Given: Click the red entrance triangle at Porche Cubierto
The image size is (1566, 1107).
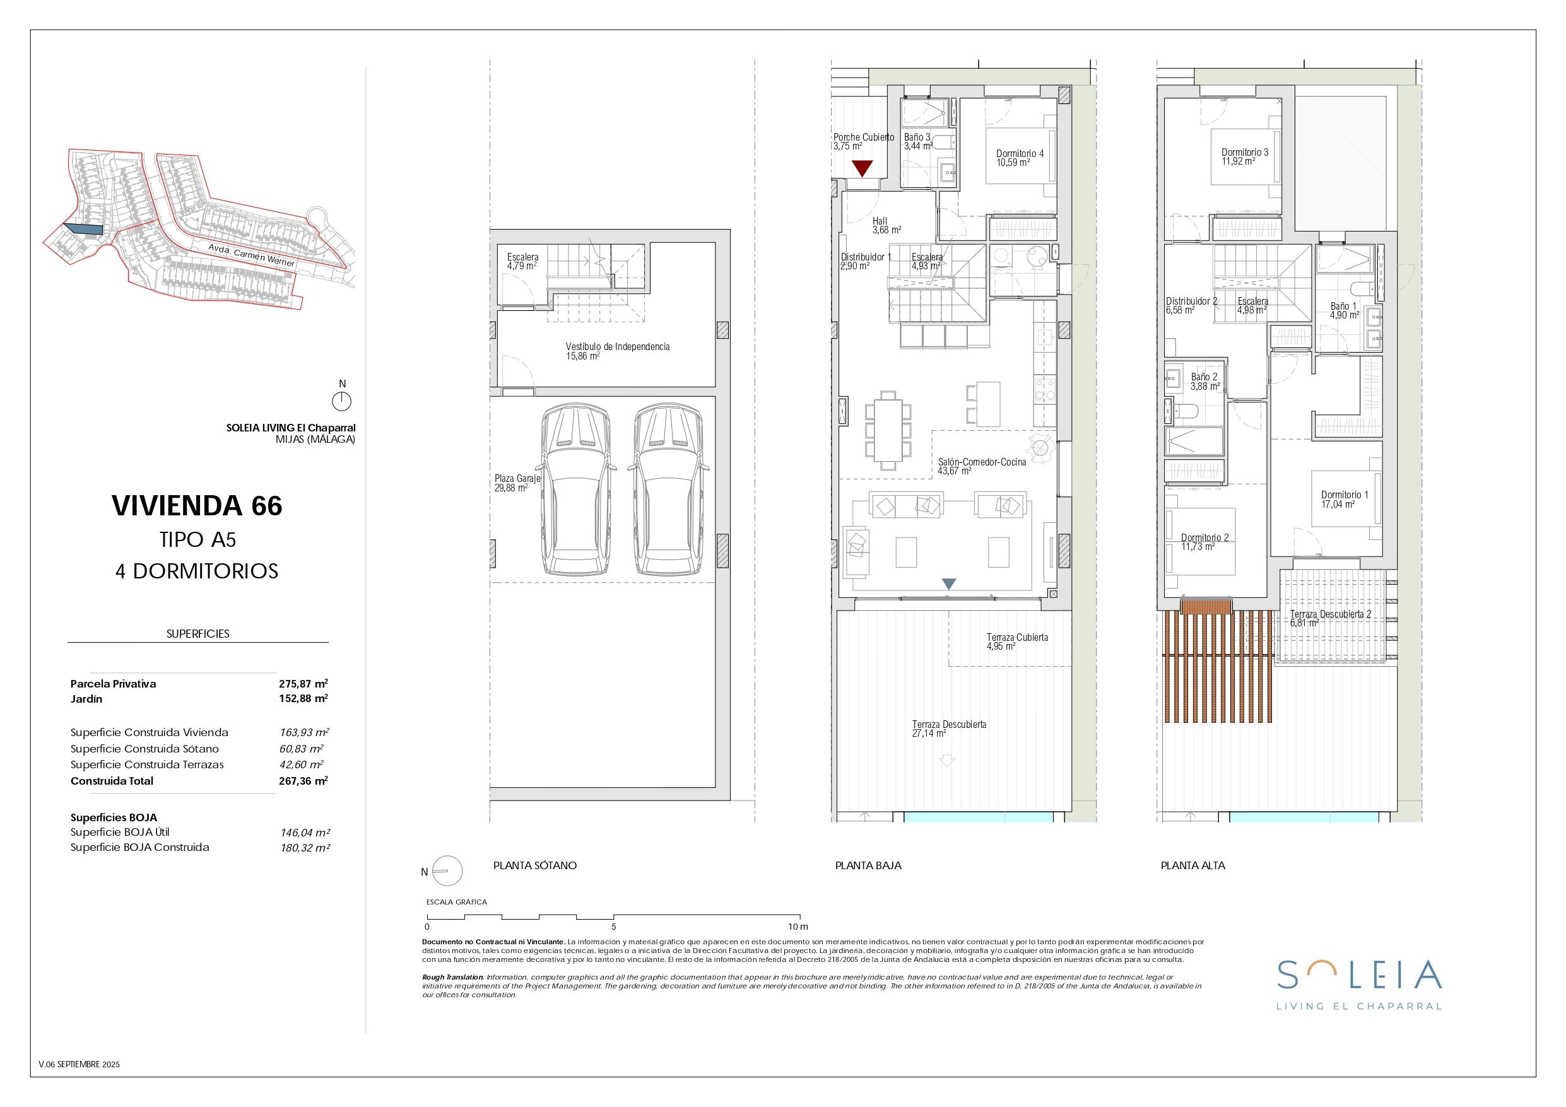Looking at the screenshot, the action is pyautogui.click(x=862, y=168).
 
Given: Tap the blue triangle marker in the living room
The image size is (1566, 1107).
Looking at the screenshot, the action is pyautogui.click(x=949, y=584).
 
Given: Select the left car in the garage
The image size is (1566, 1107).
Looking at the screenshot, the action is pyautogui.click(x=575, y=489).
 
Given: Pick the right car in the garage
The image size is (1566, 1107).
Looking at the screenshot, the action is pyautogui.click(x=668, y=489).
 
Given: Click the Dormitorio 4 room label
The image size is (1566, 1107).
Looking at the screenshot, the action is pyautogui.click(x=1019, y=158).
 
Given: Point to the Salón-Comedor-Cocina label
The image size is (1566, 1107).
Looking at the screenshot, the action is pyautogui.click(x=982, y=467).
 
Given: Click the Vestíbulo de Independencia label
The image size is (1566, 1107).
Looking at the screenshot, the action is pyautogui.click(x=617, y=351).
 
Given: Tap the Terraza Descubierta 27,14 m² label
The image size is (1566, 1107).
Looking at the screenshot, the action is pyautogui.click(x=949, y=729).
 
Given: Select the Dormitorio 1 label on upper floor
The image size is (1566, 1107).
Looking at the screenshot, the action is pyautogui.click(x=1344, y=500).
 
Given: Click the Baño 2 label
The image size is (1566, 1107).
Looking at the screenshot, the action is pyautogui.click(x=1204, y=381).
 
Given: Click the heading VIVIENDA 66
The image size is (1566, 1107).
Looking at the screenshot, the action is pyautogui.click(x=197, y=505).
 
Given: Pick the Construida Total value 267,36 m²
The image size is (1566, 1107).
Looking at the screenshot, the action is pyautogui.click(x=303, y=780).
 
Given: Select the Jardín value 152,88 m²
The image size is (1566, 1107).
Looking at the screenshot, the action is pyautogui.click(x=303, y=698).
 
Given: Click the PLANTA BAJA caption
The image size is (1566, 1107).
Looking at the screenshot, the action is pyautogui.click(x=868, y=865).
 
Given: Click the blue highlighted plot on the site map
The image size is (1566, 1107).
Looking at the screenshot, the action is pyautogui.click(x=83, y=229).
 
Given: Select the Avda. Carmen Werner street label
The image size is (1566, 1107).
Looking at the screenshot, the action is pyautogui.click(x=251, y=255).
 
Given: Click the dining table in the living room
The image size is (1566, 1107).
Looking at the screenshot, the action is pyautogui.click(x=887, y=430).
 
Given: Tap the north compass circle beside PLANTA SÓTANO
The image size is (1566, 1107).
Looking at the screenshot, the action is pyautogui.click(x=447, y=871).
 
